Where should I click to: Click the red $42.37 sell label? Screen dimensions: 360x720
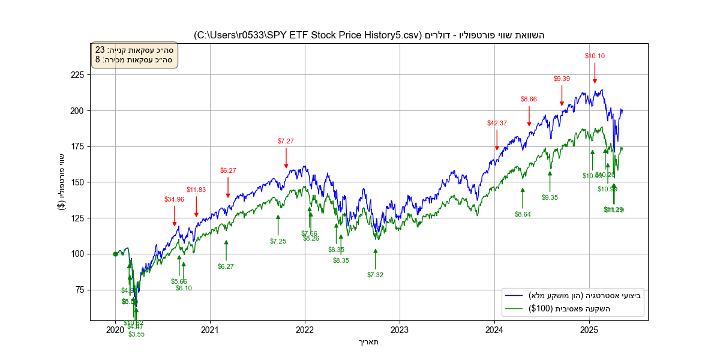497,123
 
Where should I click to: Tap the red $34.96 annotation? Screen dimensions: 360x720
175,199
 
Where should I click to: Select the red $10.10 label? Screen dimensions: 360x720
595,56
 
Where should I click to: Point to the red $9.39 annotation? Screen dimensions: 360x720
562,79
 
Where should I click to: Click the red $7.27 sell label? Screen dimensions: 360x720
286,141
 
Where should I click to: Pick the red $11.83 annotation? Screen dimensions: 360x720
196,190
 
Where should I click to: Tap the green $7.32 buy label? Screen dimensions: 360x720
376,275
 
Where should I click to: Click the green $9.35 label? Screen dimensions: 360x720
550,197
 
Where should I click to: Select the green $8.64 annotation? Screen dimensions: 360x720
523,214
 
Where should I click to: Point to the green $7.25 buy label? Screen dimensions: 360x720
278,241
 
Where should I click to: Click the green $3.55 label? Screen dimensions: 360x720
136,334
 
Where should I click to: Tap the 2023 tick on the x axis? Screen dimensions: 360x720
400,329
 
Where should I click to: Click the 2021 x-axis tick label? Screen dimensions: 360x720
210,329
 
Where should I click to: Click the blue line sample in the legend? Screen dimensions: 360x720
515,296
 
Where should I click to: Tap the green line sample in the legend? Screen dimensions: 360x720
515,309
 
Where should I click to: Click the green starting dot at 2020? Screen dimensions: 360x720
115,254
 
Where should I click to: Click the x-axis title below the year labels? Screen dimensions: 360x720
368,342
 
